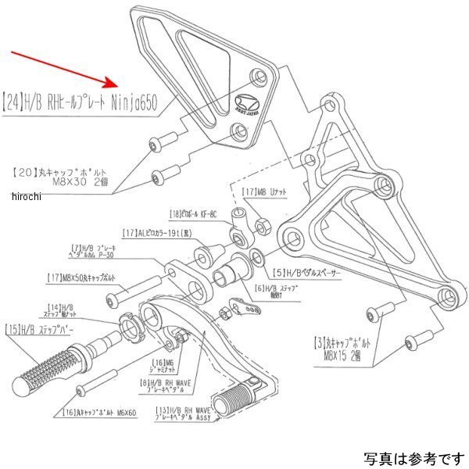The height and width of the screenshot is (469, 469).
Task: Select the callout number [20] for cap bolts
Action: [x=24, y=170]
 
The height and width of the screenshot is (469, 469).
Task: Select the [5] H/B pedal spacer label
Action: [x=308, y=274]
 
